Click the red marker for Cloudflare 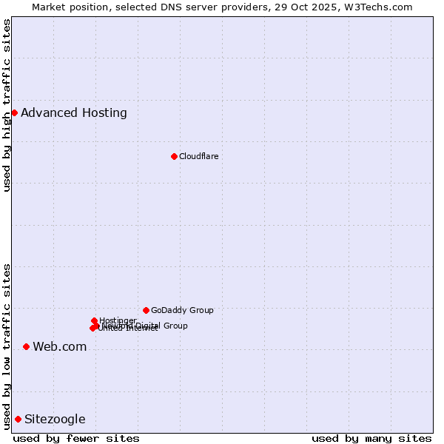(x=174, y=156)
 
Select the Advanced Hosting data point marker (x=14, y=112)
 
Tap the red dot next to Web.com (x=26, y=346)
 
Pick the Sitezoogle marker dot (x=18, y=419)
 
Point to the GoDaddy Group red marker (x=146, y=310)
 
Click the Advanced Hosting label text (x=74, y=112)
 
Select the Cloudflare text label (x=198, y=156)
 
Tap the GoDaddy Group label (x=182, y=310)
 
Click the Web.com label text (x=60, y=346)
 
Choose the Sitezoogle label (x=55, y=419)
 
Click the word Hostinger (x=118, y=320)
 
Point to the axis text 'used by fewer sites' (x=76, y=438)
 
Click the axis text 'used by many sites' (x=371, y=438)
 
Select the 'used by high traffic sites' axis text (x=7, y=105)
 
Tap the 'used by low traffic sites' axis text (x=7, y=346)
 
